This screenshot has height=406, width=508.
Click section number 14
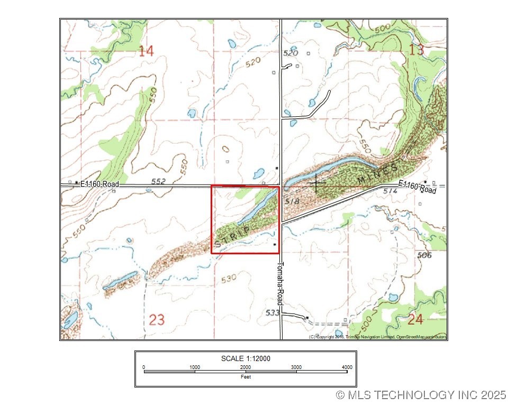(x=146, y=51)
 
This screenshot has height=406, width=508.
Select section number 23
(x=157, y=320)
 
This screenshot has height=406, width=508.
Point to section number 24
(x=415, y=319)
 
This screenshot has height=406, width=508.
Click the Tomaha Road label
(x=282, y=283)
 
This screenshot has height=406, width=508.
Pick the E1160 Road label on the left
(x=99, y=184)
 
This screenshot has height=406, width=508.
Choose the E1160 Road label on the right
(x=418, y=187)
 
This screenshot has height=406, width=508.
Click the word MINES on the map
(x=377, y=175)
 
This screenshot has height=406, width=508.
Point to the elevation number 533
(x=273, y=312)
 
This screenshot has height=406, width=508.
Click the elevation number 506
(x=424, y=255)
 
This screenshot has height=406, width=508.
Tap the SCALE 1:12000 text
(x=246, y=358)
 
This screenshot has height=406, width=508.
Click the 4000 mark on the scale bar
(x=347, y=367)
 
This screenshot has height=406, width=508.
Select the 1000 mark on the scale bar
(x=195, y=367)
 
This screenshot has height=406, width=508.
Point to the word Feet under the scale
(x=246, y=377)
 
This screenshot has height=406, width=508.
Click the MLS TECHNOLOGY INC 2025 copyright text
(x=421, y=394)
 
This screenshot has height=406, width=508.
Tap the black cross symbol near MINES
(x=316, y=183)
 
